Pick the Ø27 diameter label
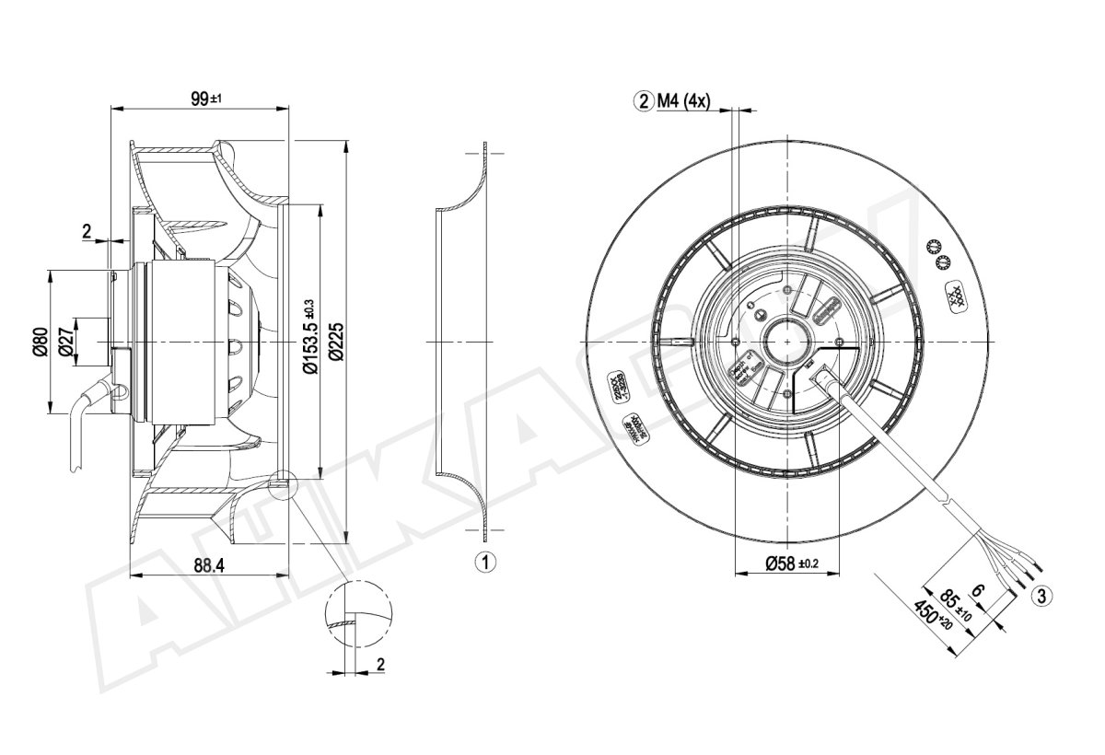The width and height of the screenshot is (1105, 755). pyautogui.click(x=65, y=342)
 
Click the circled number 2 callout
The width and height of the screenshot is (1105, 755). pyautogui.click(x=642, y=101)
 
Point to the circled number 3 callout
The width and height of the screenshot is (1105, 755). pyautogui.click(x=1041, y=596)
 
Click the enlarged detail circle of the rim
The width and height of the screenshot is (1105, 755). pyautogui.click(x=358, y=615)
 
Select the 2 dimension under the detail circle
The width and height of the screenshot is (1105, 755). pyautogui.click(x=380, y=663)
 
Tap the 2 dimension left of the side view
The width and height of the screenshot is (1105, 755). pyautogui.click(x=87, y=231)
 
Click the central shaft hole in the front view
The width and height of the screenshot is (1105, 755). pyautogui.click(x=788, y=343)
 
